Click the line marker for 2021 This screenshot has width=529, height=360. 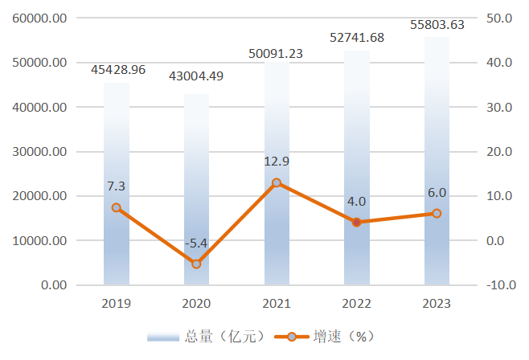point(277,183)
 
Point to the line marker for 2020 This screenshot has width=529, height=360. point(196,264)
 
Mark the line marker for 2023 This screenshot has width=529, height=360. point(437,214)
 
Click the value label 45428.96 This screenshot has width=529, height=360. point(118,70)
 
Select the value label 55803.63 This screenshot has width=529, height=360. point(437,25)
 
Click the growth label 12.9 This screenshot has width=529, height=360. point(277,162)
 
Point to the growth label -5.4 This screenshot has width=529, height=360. point(196,243)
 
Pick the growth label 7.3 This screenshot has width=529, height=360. point(116,186)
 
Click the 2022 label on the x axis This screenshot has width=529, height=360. point(357,304)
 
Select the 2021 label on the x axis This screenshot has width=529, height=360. point(277,304)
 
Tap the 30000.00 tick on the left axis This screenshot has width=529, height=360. point(41,152)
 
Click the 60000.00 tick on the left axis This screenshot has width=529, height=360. point(41,18)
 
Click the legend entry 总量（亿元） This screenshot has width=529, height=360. point(206,337)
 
